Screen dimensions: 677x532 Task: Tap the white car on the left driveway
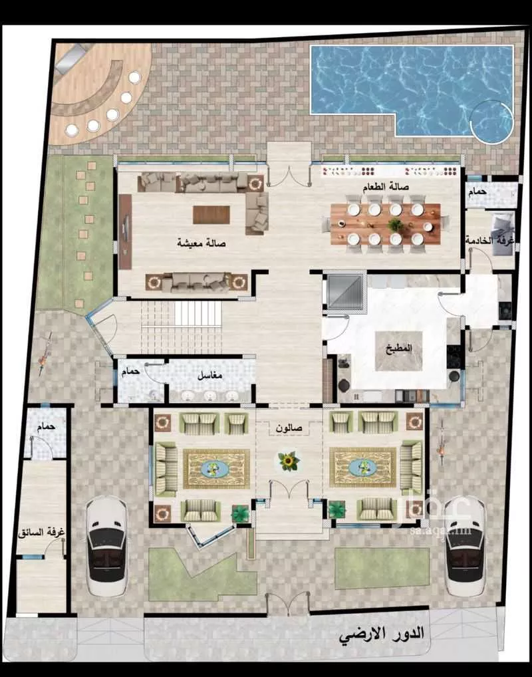[107, 545]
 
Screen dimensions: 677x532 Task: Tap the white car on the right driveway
[465, 545]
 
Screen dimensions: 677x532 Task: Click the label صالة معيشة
[201, 243]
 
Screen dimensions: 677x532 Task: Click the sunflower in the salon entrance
[289, 460]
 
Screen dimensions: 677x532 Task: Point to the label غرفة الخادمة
[489, 240]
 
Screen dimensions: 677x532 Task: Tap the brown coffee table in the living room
[211, 214]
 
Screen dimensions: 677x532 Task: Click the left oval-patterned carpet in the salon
[216, 468]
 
